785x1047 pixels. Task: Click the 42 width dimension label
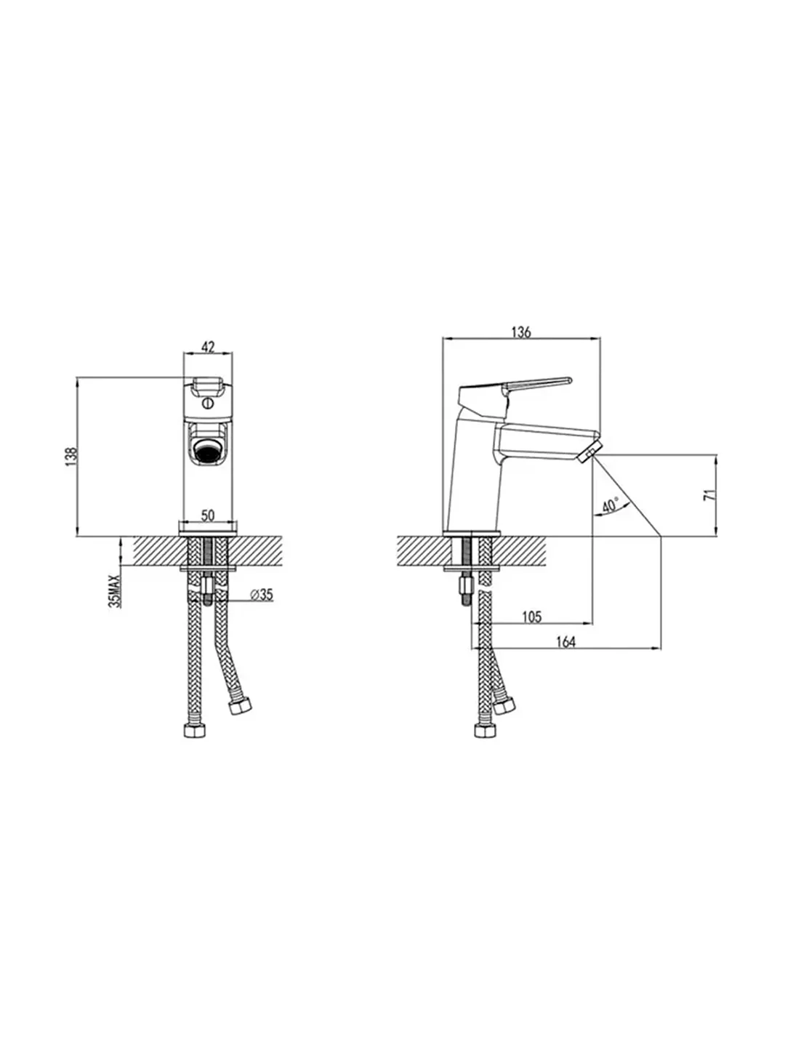click(209, 347)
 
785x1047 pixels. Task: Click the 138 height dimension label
click(71, 457)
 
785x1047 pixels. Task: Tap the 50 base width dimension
click(208, 516)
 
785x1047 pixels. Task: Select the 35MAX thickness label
click(116, 591)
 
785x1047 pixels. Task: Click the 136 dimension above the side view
click(521, 332)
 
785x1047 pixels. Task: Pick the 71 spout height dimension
click(709, 494)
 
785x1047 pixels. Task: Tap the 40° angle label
click(610, 505)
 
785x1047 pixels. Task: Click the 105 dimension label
click(531, 617)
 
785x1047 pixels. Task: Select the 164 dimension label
click(565, 643)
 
